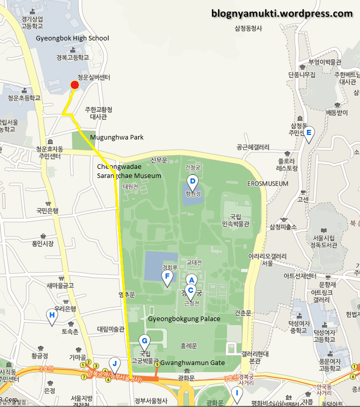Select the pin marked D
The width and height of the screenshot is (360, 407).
click(x=192, y=182)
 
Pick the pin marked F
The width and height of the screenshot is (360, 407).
click(x=167, y=277)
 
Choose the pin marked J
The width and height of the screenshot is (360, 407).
click(x=115, y=363)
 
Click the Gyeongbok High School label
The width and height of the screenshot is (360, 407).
click(x=72, y=38)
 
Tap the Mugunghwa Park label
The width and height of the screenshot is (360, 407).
click(x=117, y=138)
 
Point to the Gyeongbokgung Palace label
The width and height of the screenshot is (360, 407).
click(x=184, y=319)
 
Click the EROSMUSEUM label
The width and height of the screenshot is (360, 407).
click(x=268, y=184)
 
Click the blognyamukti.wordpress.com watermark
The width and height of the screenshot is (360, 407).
click(x=282, y=14)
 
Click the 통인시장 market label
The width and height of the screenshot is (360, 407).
click(x=42, y=244)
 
